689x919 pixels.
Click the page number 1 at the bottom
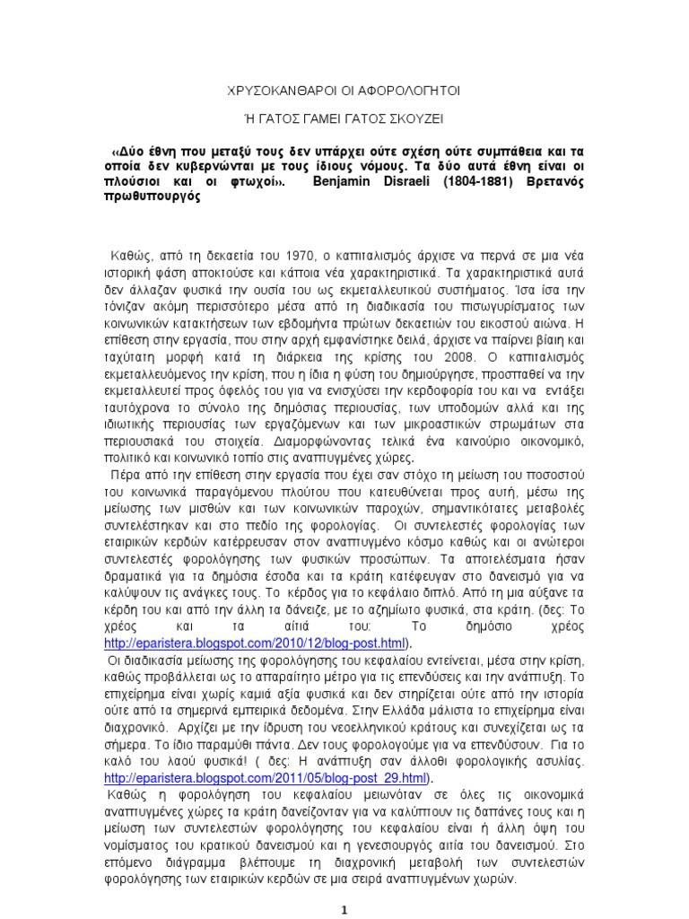344,908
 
